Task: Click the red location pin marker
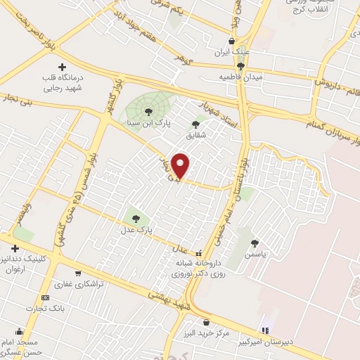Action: (x=181, y=166)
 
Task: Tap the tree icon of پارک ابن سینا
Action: (x=148, y=110)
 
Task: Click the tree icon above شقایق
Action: (x=195, y=124)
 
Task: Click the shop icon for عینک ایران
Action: (x=233, y=41)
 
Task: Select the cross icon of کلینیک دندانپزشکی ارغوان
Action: (x=15, y=248)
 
